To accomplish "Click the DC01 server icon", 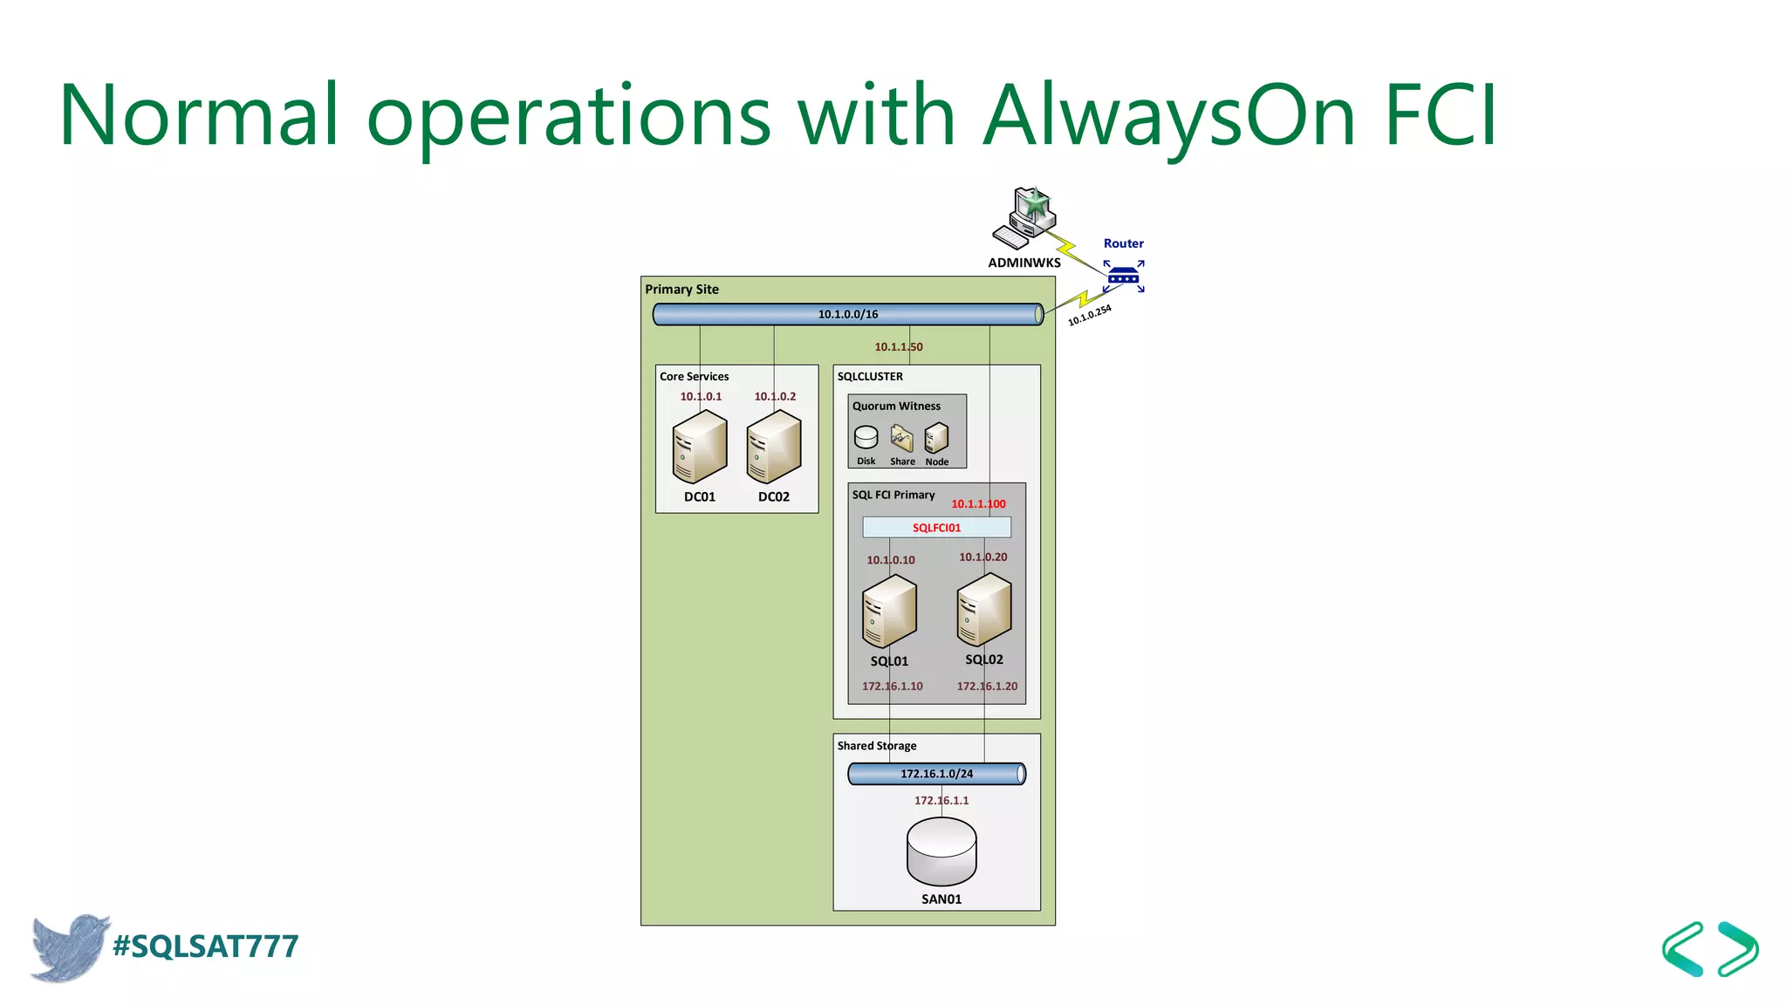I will [x=700, y=447].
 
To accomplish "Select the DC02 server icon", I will [x=774, y=447].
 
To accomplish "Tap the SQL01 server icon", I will [x=889, y=611].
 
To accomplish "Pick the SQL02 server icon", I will [x=984, y=609].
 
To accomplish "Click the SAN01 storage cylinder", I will [x=941, y=851].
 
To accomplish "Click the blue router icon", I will [x=1123, y=277].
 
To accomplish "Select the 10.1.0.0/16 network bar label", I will [x=847, y=314].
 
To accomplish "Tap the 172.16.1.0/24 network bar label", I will [x=936, y=774].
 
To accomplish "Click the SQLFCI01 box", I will [x=936, y=527].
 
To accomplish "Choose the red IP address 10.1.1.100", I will [x=978, y=503].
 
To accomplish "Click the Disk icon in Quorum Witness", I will [x=866, y=437].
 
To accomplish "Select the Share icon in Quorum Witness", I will [x=901, y=438].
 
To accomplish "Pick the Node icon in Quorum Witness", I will [x=936, y=438].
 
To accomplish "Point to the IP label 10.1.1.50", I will [x=898, y=346].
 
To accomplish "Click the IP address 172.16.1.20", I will [x=987, y=686].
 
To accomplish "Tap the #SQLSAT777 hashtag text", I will [x=206, y=947].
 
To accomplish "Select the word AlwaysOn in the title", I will [x=1169, y=115].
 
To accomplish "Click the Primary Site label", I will [x=681, y=290].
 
